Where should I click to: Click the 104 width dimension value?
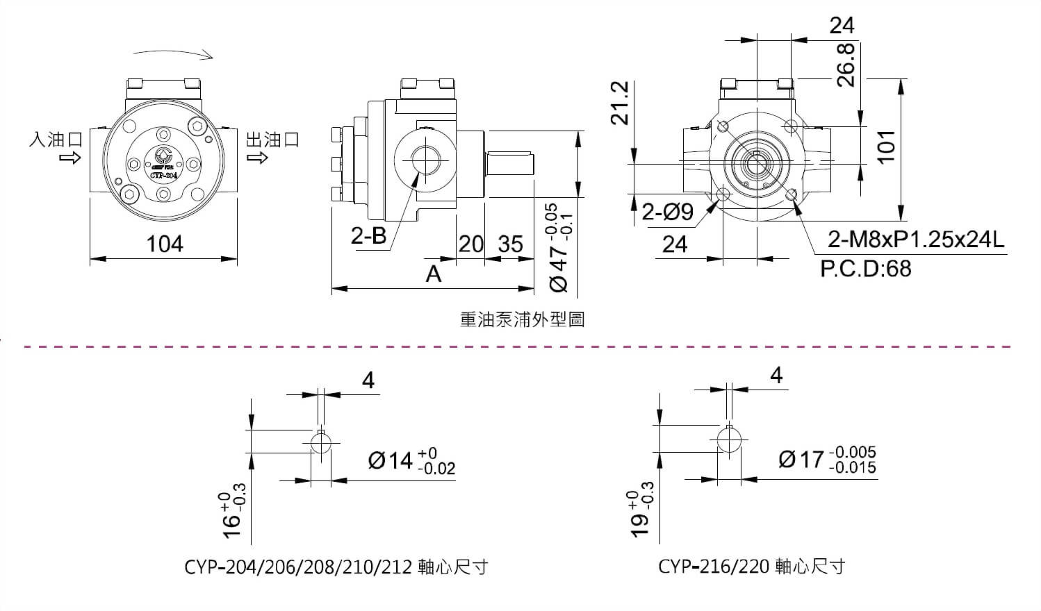[x=165, y=244]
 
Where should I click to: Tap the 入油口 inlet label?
[x=56, y=139]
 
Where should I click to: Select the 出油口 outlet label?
[x=272, y=139]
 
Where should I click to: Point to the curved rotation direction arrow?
[x=173, y=54]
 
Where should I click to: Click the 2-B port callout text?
[x=368, y=236]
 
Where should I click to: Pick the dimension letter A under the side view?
[x=434, y=274]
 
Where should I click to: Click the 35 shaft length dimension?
[x=510, y=244]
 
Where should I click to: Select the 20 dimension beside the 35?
[x=470, y=244]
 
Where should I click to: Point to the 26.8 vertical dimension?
[x=845, y=67]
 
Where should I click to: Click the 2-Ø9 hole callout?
[x=667, y=211]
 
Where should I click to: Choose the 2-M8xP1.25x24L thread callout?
[x=916, y=240]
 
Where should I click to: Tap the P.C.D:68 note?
[x=865, y=268]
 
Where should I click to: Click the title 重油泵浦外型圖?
[x=522, y=319]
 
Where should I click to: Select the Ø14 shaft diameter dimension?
[x=411, y=460]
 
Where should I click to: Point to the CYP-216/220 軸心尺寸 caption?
[x=751, y=567]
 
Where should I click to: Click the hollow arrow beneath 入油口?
[x=70, y=158]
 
